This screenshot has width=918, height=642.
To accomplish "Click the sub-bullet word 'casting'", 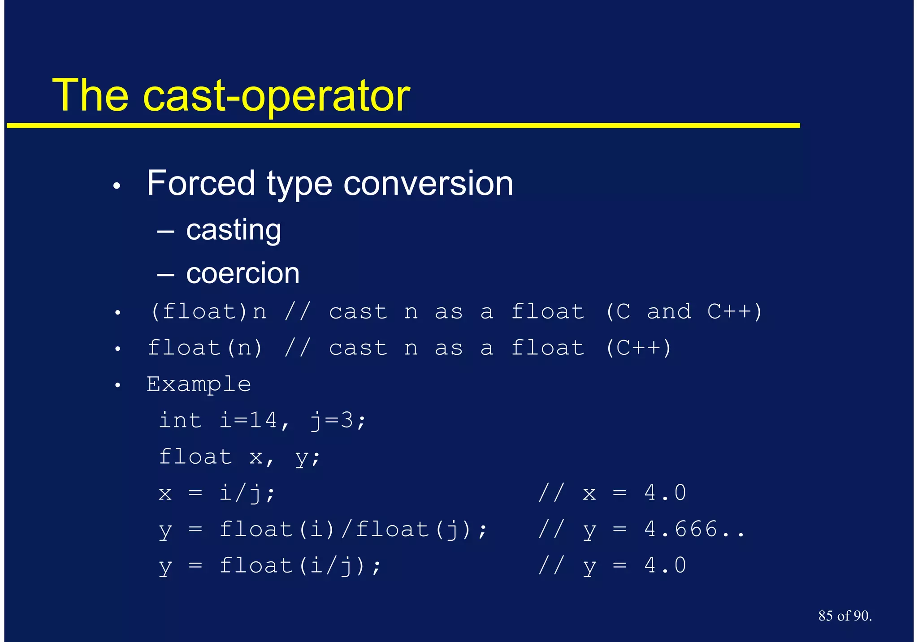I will point(234,230).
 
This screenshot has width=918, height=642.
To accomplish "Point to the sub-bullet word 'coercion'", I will point(242,273).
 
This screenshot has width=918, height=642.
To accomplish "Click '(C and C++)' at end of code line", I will point(683,312).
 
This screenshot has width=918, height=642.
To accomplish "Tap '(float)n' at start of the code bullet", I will point(208,312).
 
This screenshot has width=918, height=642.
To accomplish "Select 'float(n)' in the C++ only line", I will point(205,348).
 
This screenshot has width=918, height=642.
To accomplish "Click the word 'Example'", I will point(199,384).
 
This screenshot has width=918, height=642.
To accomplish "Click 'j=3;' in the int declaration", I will point(338,421).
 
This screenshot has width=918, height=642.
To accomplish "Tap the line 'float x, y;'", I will point(240,457).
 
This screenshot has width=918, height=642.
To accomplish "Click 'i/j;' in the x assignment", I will point(247,493).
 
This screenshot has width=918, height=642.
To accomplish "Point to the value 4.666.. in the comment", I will point(694,530).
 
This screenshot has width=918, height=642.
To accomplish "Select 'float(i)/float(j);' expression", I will point(353,530).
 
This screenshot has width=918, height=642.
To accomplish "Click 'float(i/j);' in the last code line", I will point(300,566).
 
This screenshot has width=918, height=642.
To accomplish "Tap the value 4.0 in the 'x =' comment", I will point(665,493).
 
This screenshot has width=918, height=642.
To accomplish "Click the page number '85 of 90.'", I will point(844,616).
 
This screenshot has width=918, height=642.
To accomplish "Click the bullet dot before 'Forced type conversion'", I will point(117,186).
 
